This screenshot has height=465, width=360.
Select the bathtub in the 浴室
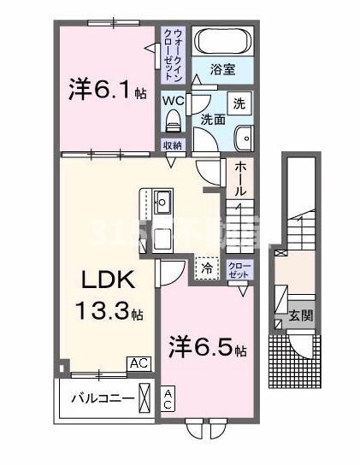point(220,42)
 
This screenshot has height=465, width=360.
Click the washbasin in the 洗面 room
point(245,138)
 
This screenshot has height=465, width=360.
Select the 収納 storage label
point(173,145)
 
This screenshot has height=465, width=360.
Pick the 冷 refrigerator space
point(207,268)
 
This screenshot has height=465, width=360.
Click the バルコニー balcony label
point(101,399)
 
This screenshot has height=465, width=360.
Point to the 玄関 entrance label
point(302,315)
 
